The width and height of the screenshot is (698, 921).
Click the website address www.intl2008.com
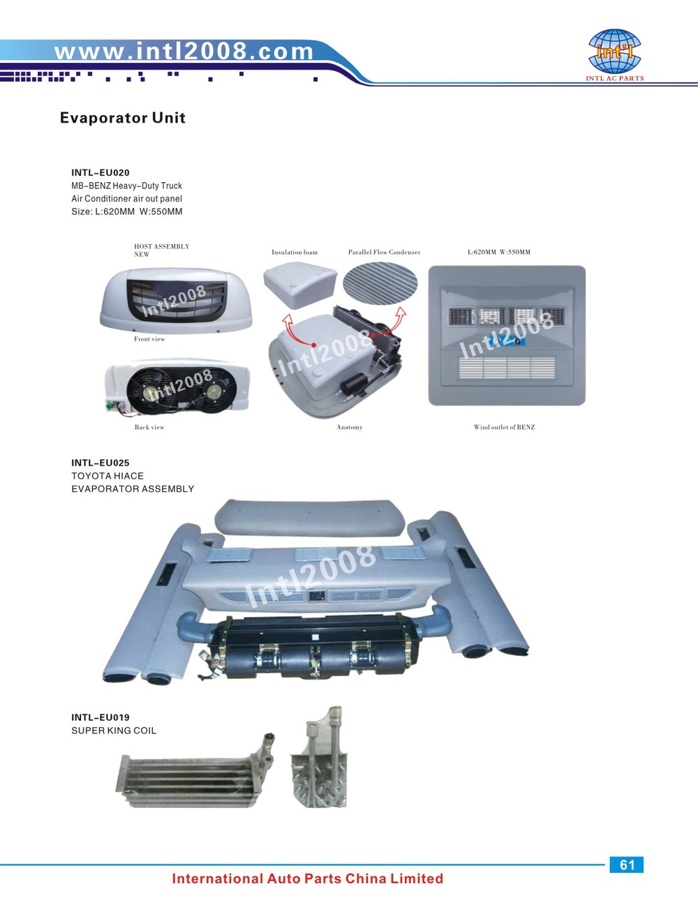[184, 51]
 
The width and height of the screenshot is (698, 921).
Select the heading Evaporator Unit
[123, 118]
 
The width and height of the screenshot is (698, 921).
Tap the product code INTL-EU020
[101, 172]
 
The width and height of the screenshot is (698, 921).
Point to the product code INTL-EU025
[101, 463]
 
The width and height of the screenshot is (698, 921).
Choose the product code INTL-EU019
[101, 717]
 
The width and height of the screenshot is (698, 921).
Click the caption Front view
[149, 339]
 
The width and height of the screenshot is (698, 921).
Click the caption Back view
[149, 427]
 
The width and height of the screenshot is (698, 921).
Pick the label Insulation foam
[295, 252]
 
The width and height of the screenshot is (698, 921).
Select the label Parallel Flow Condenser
[384, 252]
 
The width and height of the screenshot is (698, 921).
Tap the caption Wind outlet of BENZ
[505, 427]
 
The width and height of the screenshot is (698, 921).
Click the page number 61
[627, 864]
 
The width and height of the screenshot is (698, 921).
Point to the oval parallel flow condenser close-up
[380, 284]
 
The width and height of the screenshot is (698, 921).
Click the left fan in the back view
[151, 390]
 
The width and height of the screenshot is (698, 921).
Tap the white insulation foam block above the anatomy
[300, 285]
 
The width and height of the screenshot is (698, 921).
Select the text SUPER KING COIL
[114, 731]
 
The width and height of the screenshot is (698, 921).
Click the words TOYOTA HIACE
[107, 476]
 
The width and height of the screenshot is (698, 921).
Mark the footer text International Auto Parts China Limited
[308, 878]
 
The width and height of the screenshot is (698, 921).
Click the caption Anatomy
[350, 427]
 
